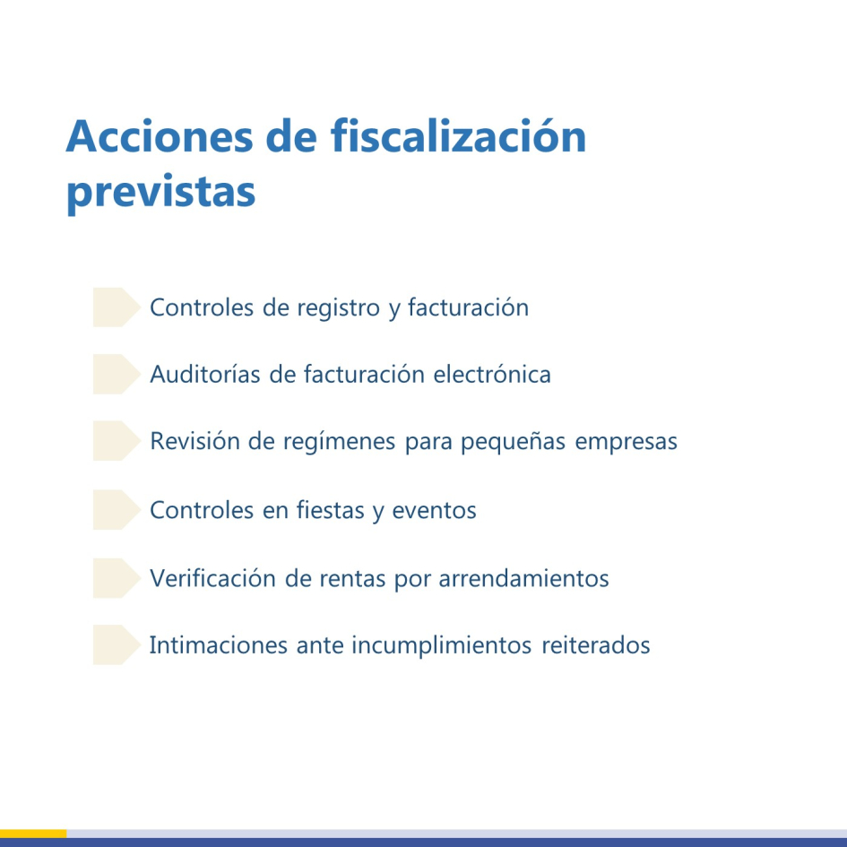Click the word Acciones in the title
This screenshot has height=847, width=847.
[x=145, y=137]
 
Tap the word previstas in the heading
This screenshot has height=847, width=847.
[x=160, y=192]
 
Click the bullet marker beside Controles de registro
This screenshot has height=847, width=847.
[x=116, y=307]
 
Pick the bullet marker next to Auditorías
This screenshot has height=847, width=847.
[x=116, y=374]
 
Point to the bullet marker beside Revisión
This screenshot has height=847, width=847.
[x=116, y=442]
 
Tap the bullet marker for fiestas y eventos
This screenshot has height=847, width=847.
[x=116, y=510]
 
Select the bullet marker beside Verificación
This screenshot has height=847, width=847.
[x=116, y=578]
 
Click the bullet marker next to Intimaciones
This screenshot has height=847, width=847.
[x=116, y=645]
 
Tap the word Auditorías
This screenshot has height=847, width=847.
[x=205, y=374]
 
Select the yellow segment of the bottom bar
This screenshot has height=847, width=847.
[x=33, y=834]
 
